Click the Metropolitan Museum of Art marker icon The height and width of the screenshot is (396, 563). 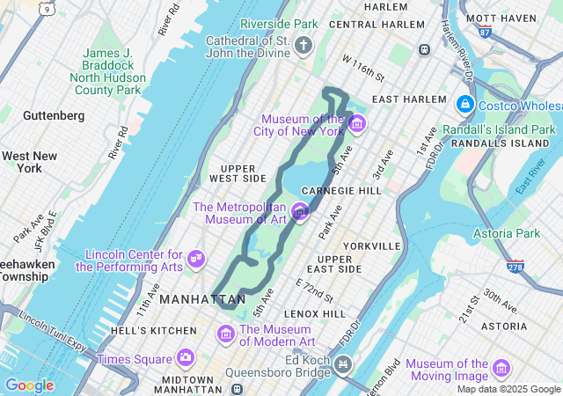point(300,211)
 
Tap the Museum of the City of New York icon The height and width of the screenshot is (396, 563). point(356,123)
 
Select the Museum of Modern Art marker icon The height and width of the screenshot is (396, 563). point(226,334)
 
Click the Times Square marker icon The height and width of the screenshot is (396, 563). point(185,357)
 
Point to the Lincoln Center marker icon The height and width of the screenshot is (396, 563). point(197,259)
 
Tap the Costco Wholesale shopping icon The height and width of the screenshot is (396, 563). point(464,105)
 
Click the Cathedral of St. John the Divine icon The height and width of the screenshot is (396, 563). point(304,45)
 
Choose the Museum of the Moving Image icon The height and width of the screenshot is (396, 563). point(501,367)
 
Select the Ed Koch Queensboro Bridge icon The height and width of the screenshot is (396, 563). point(342,363)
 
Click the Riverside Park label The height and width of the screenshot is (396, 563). point(279,23)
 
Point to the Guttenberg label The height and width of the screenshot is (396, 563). point(54,115)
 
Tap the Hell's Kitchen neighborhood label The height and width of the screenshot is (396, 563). point(154,331)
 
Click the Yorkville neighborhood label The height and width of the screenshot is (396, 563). point(372,246)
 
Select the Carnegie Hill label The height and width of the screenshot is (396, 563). point(340,190)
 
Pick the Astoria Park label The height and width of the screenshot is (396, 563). point(505,233)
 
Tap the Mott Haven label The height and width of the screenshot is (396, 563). point(501,18)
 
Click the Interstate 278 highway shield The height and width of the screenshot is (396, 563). point(516,266)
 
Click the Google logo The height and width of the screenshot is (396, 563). point(29,385)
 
